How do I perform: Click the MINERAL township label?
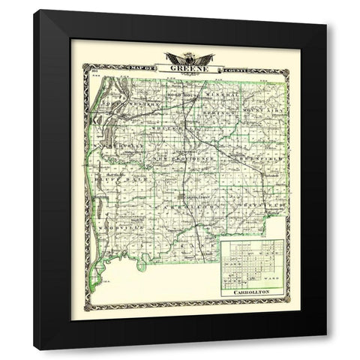225,95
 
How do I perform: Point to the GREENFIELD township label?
259,159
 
